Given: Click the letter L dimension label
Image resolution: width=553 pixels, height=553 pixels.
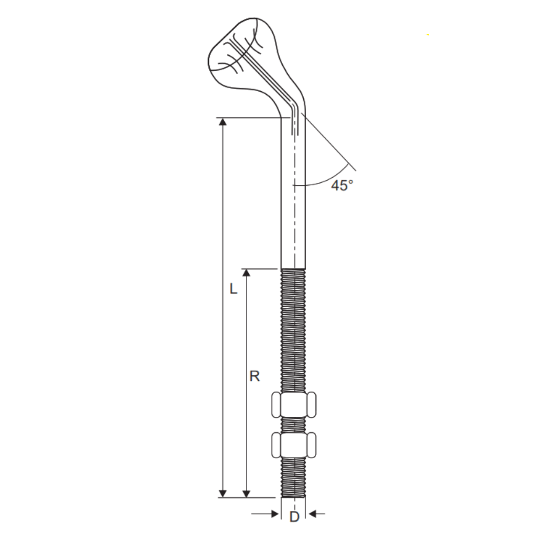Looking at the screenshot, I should coord(233,290).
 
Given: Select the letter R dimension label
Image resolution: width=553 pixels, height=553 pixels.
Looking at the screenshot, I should coord(254,377).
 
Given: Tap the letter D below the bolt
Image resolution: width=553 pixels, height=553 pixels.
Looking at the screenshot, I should coord(294,517).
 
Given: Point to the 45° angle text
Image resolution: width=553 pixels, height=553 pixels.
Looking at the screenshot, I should coord(342,185).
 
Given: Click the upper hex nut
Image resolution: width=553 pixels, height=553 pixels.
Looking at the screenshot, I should coord(294,405).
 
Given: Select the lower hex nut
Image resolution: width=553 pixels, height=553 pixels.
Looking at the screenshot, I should coord(294,444).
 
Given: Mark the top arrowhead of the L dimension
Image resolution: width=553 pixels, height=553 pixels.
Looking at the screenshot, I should coord(222,122).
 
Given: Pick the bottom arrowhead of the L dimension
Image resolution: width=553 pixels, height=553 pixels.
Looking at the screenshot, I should coord(222,493).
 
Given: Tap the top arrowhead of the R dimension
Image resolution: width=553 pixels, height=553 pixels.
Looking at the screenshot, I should coord(246,272).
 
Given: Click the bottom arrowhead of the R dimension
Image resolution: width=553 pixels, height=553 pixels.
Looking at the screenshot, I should coord(246,493).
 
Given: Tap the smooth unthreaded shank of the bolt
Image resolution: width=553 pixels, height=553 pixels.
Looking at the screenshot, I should coord(294,205).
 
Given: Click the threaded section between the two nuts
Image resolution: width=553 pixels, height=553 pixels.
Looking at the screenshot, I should coord(294,425).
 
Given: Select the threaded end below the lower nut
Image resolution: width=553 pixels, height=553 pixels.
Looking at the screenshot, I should coord(294,479).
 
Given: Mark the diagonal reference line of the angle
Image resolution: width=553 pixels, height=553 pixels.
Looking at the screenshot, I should coord(330,143).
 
